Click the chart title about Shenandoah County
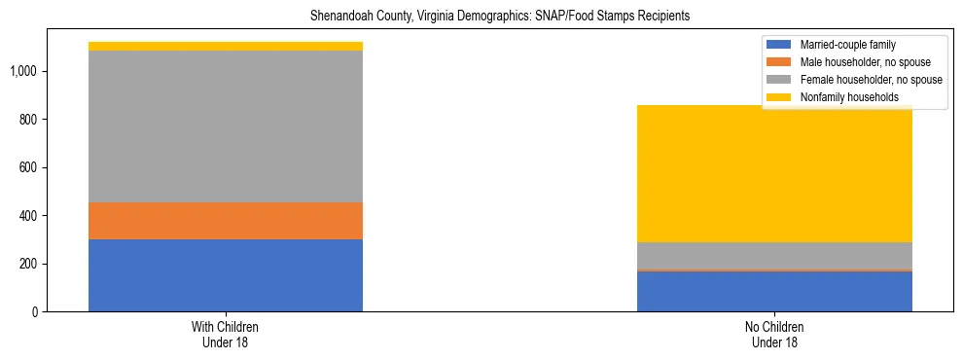click(500, 17)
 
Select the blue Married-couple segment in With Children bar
click(226, 275)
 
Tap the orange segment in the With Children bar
click(226, 221)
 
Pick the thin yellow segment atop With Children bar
click(226, 46)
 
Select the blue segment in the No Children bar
click(774, 291)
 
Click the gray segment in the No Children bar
click(774, 255)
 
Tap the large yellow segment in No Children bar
click(774, 174)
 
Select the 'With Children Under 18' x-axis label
click(226, 334)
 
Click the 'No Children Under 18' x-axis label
click(774, 334)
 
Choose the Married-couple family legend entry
click(846, 45)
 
